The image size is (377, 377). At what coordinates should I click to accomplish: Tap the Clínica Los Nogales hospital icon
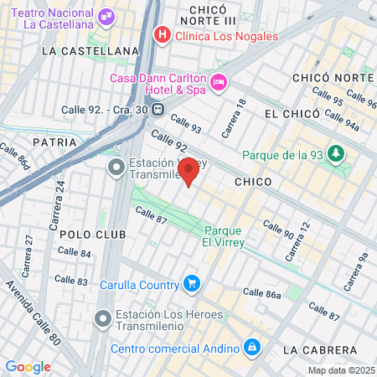click(162, 35)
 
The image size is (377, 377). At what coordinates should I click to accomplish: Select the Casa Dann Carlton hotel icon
click(219, 81)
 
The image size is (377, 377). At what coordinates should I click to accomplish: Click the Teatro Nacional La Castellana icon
click(106, 16)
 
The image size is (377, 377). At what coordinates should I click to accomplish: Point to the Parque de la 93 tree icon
click(335, 154)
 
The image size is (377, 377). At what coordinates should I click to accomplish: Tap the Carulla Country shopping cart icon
click(192, 284)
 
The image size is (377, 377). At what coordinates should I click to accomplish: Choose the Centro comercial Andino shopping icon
click(250, 347)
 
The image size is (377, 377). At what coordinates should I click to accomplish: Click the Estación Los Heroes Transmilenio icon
click(103, 318)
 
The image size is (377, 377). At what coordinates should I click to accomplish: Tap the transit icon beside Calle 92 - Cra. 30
click(156, 108)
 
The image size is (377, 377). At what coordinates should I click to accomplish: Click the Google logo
click(28, 366)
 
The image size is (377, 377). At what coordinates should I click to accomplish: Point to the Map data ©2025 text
click(341, 370)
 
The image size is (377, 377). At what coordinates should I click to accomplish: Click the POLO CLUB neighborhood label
click(93, 234)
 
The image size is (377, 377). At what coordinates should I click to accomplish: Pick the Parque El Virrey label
click(224, 236)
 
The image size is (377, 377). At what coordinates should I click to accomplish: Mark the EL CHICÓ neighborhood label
click(292, 113)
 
